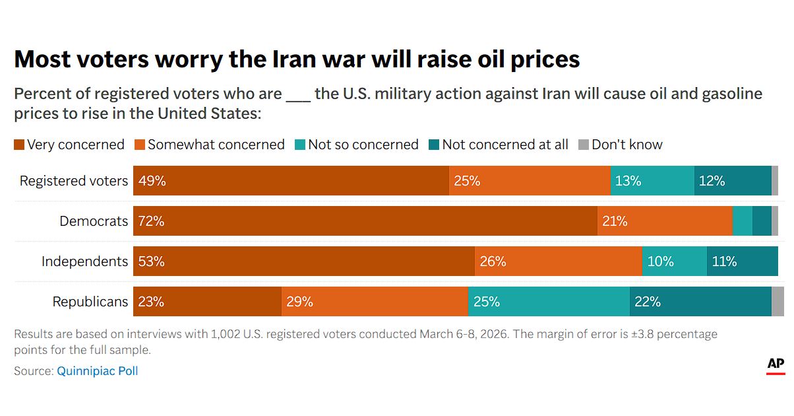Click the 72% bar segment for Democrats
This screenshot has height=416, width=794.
pos(365,221)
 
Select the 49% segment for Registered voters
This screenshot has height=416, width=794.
pos(291,181)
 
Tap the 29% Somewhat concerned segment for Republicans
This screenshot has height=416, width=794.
pos(375,302)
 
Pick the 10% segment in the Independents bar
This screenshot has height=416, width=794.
pos(674,261)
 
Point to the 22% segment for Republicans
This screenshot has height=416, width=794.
pos(700,302)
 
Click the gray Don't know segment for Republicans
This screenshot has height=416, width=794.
pos(778,302)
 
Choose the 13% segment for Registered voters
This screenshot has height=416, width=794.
pos(652,181)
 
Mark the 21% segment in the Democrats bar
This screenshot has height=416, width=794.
pos(665,221)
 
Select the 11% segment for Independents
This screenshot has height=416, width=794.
pos(742,261)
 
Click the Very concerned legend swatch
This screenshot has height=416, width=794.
pos(19,145)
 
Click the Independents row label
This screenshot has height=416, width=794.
pos(84,261)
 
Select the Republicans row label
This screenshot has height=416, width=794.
pos(90,302)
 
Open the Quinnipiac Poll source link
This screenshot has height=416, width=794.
pos(98,371)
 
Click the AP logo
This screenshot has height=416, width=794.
pos(776,365)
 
